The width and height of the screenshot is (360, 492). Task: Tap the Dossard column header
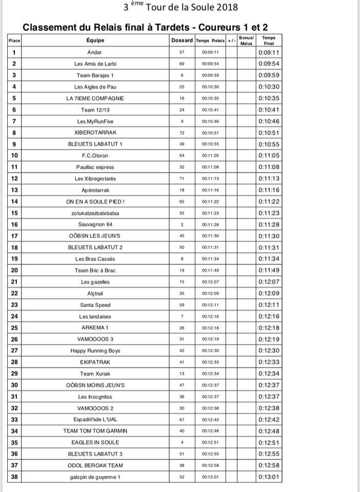click(x=182, y=40)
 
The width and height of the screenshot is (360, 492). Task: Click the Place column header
click(x=14, y=40)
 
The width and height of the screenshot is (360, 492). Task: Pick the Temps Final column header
click(x=269, y=40)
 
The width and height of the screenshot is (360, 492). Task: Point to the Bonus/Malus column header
click(x=247, y=40)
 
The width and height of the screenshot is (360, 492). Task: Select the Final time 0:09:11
click(x=269, y=52)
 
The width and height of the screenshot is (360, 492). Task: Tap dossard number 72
click(x=182, y=132)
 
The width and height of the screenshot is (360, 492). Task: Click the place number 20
click(x=14, y=270)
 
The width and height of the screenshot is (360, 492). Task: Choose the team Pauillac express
click(x=95, y=167)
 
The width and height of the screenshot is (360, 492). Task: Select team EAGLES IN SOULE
click(x=95, y=442)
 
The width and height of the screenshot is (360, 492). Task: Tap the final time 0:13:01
click(x=269, y=477)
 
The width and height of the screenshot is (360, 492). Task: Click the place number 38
click(x=14, y=477)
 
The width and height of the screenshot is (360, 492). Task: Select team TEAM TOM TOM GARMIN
click(x=95, y=431)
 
